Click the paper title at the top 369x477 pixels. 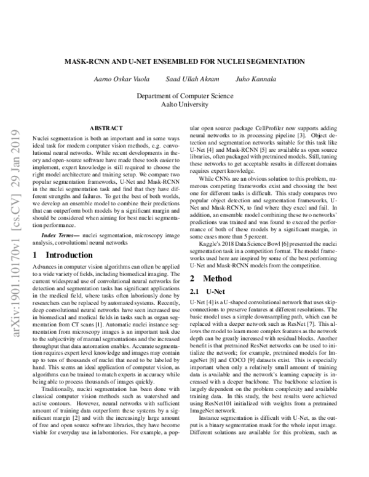pos(185,61)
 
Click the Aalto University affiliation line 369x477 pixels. pos(185,104)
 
